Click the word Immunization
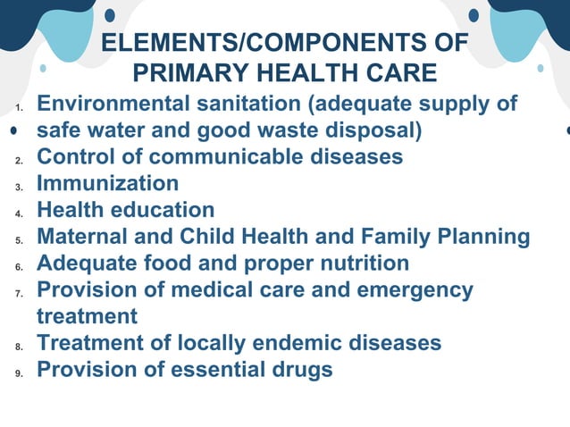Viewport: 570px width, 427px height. click(107, 183)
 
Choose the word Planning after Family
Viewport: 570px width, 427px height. click(483, 237)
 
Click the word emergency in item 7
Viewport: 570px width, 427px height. click(415, 290)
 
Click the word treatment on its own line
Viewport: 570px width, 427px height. click(87, 316)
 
